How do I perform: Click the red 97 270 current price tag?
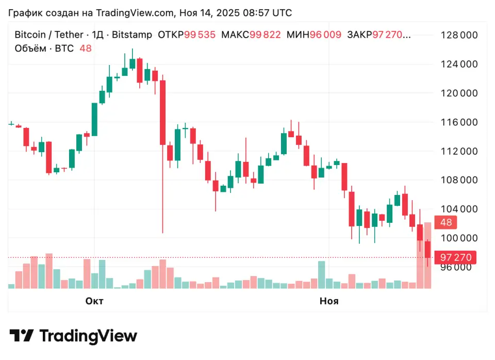tap(455, 257)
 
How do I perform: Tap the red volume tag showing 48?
tap(446, 223)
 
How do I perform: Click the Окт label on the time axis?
tap(94, 301)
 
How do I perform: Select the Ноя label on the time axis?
tap(329, 301)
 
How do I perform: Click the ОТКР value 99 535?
tap(200, 35)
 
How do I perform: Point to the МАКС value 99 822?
tap(265, 35)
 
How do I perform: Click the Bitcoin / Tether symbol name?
tap(48, 35)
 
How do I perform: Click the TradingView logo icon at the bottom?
tap(22, 336)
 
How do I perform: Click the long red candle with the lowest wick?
tap(162, 113)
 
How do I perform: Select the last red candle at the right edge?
tap(427, 250)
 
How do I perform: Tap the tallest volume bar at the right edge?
tap(427, 255)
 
